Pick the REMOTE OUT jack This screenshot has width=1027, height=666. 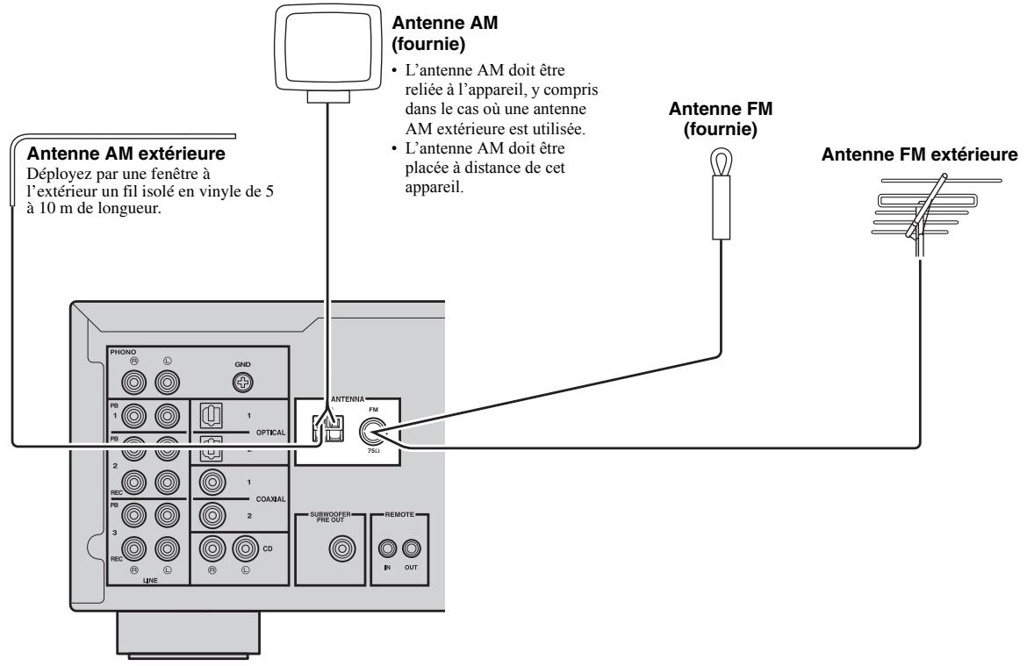click(410, 551)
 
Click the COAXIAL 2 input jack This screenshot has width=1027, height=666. click(211, 514)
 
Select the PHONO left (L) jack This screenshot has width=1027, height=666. click(168, 382)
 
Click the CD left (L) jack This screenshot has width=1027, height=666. click(243, 551)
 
